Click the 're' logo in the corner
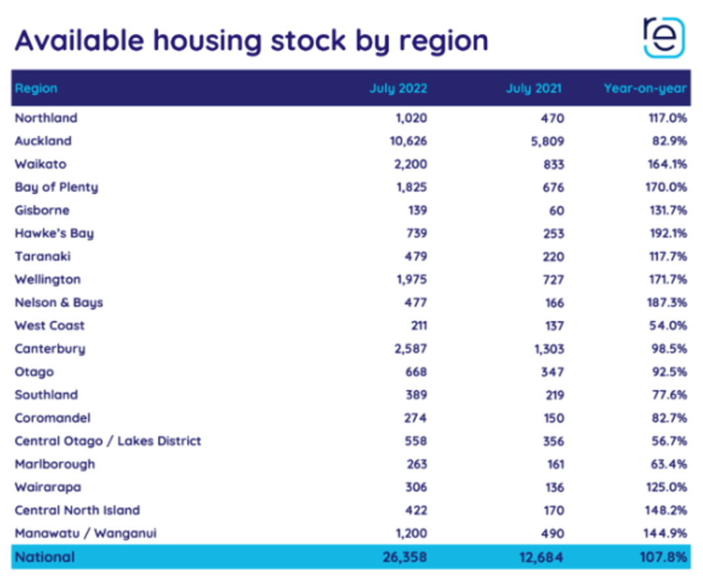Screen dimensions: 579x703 (663, 37)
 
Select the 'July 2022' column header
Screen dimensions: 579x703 (398, 88)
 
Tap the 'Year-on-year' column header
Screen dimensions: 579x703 (645, 88)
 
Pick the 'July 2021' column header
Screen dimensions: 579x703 (534, 88)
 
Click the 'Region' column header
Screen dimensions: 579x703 (36, 88)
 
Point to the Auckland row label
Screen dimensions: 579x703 (43, 141)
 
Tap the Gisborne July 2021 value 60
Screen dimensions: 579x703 (556, 211)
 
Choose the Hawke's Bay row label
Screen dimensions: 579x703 (54, 234)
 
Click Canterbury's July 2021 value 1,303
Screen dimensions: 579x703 (544, 349)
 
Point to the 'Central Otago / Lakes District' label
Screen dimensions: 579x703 (108, 441)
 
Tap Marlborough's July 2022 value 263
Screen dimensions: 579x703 (415, 465)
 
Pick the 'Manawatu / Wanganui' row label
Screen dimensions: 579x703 (86, 533)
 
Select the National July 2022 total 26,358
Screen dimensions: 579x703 (403, 558)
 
